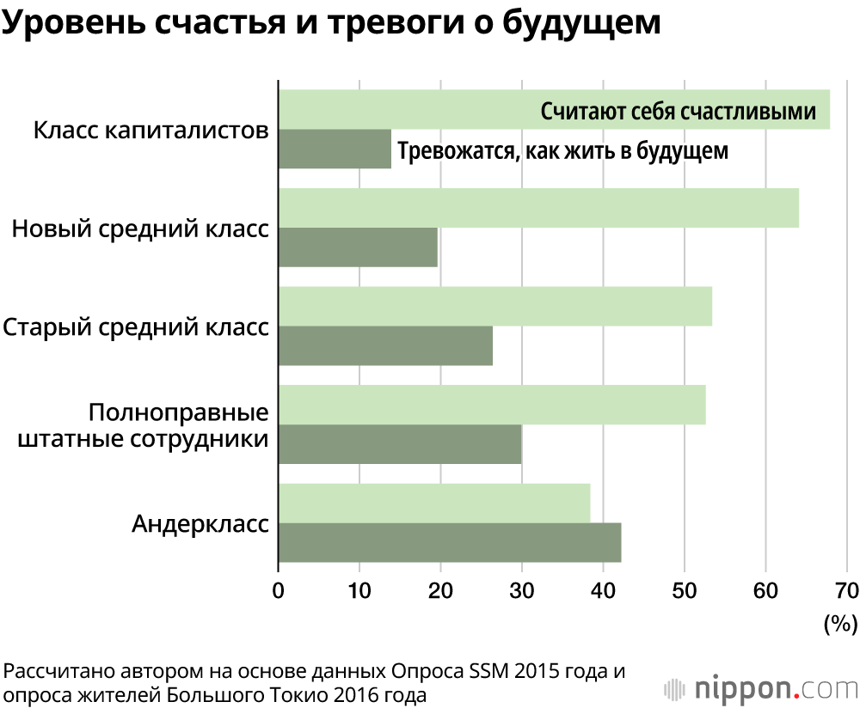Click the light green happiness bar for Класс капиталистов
point(404,109)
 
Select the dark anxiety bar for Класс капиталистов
point(335,150)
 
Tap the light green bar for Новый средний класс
point(538,208)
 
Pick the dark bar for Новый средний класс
point(358,247)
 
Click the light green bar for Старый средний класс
point(494,307)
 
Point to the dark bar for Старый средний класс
point(385,346)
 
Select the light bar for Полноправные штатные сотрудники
point(492,405)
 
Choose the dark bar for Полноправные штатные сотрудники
point(400,444)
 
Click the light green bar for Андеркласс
point(434,504)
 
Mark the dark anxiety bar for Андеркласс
point(450,543)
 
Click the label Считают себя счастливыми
point(678,112)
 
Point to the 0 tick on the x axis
point(278,590)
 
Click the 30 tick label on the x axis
point(521,590)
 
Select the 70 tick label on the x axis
point(846,590)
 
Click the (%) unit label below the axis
point(839,623)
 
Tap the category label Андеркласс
point(200,524)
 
